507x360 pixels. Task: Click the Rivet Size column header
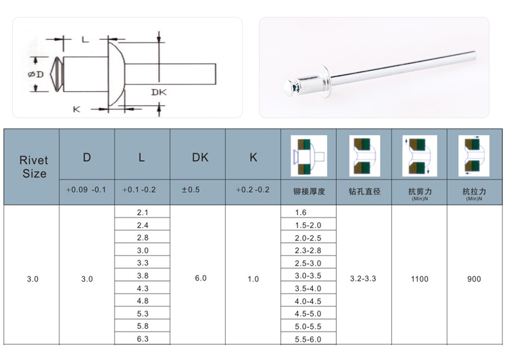tap(34, 167)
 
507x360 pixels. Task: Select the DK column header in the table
tap(200, 157)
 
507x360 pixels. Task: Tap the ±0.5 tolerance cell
tap(191, 190)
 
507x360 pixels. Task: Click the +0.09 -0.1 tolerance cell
tap(86, 190)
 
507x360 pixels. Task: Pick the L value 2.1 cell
tap(142, 212)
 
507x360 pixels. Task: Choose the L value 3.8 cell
tap(142, 276)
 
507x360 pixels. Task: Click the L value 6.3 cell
tap(142, 338)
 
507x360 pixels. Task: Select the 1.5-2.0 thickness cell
tap(308, 225)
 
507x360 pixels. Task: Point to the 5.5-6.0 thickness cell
tap(308, 339)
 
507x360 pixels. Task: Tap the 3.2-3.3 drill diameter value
tap(363, 278)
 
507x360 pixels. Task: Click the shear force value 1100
tap(420, 279)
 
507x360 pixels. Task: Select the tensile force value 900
tap(474, 279)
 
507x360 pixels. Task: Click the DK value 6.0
tap(201, 278)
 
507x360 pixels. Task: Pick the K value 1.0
tap(254, 279)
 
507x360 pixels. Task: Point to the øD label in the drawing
tap(36, 75)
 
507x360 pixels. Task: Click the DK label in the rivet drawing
tap(159, 93)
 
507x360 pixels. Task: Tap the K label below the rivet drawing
tap(76, 109)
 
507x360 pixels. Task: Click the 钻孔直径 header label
tap(364, 192)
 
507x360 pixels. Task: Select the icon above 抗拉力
tap(474, 156)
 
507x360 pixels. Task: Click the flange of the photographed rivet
tap(327, 81)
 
